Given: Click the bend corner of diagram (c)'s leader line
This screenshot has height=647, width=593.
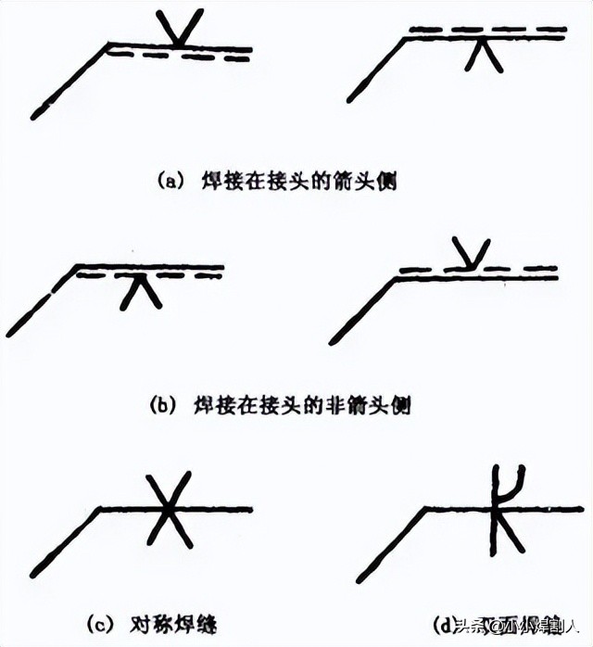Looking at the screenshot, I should [102, 508].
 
